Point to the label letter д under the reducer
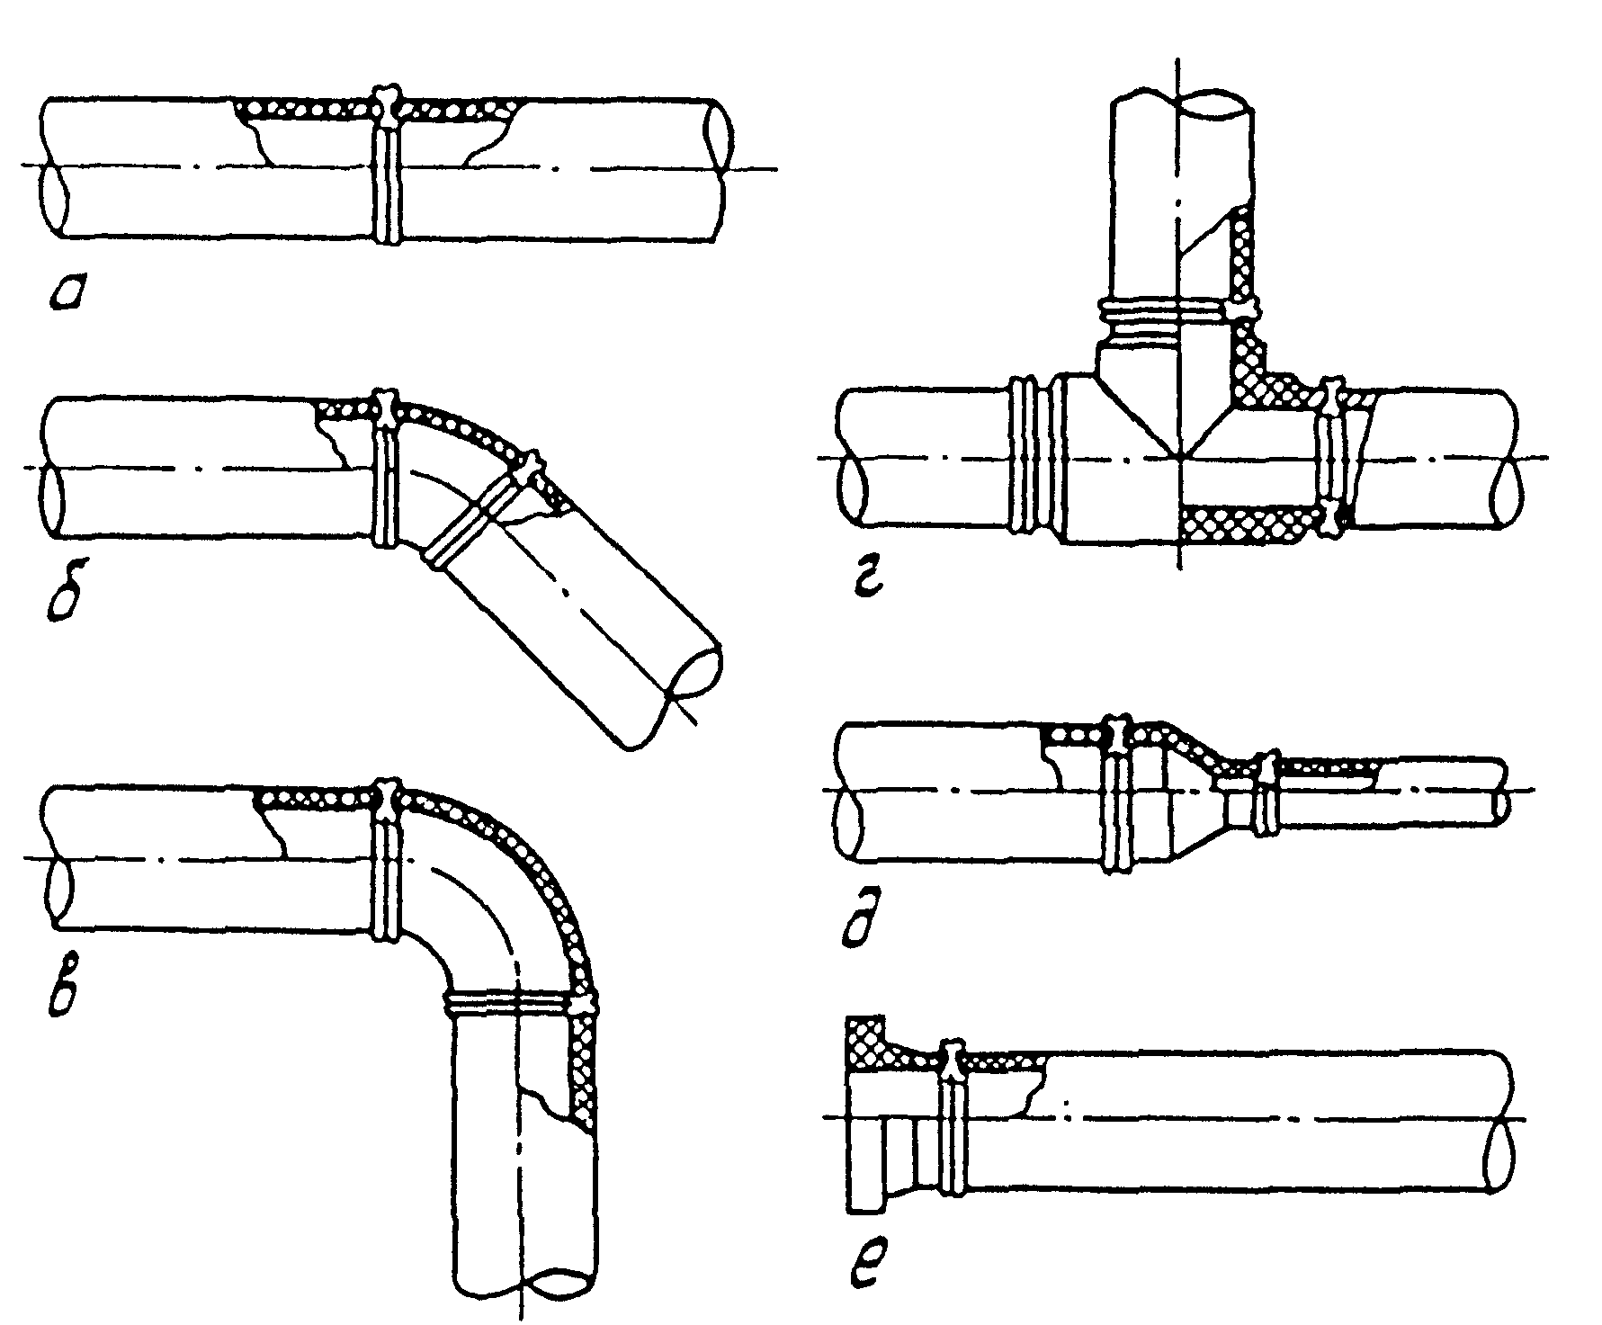(864, 925)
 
